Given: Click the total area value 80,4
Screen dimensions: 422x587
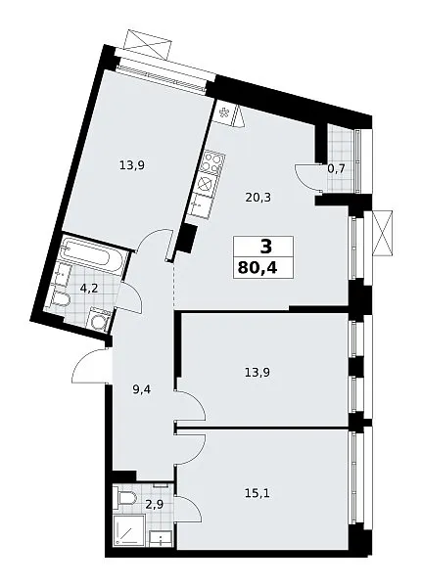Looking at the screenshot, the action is (258, 268).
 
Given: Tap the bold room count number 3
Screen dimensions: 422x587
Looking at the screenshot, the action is (265, 248).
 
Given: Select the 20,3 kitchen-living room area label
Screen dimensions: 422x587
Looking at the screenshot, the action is (258, 197).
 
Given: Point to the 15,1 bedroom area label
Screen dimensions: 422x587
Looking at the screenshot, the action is (257, 494).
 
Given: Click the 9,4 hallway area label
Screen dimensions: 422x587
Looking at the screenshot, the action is (141, 390).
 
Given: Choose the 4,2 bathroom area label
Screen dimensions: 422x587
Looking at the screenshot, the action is (89, 289).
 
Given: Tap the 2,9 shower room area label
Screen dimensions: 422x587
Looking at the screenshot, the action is (156, 506).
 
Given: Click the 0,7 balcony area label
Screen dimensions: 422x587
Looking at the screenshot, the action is (336, 169).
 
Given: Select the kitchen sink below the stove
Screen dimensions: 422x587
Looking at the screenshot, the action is (201, 205).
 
